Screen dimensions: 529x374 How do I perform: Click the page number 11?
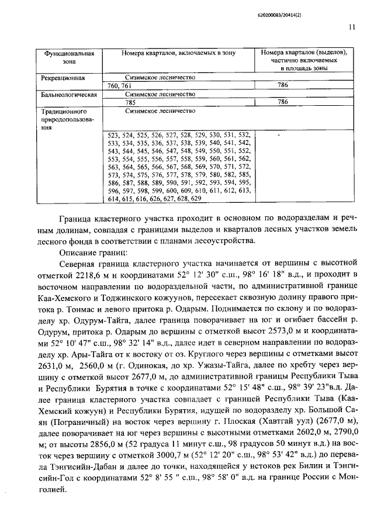click(x=351, y=26)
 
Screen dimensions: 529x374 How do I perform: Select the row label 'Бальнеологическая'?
click(x=67, y=94)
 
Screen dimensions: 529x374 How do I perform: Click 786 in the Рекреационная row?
click(x=283, y=85)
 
